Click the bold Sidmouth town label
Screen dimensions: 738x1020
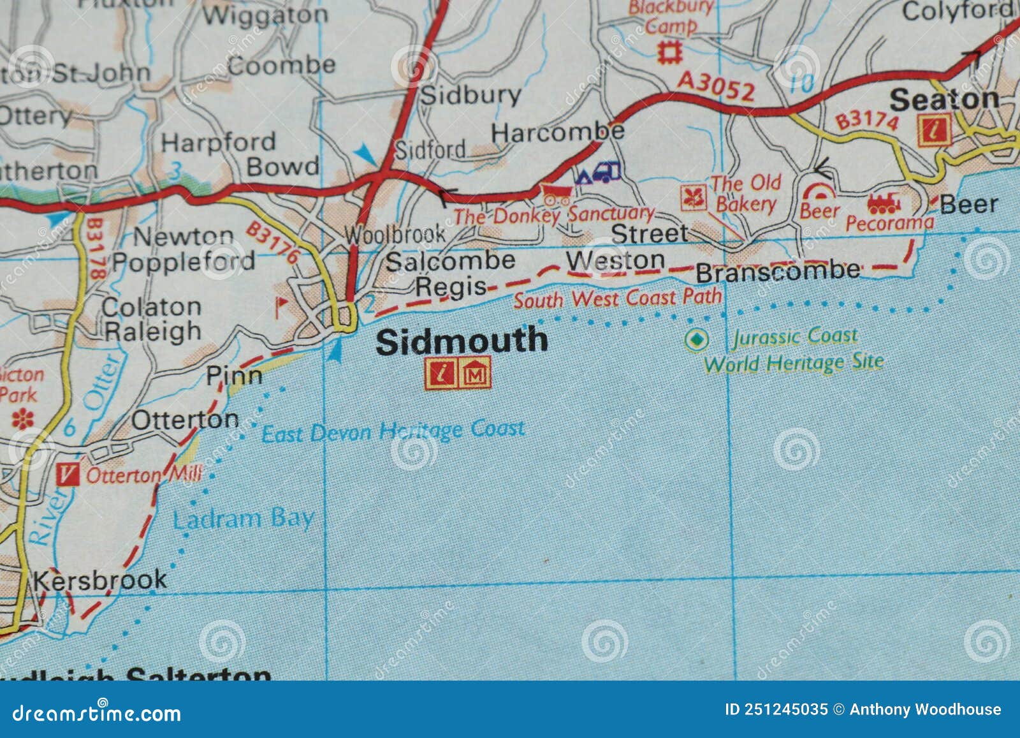(462, 341)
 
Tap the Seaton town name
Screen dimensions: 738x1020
(944, 100)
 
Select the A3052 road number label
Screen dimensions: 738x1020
(716, 86)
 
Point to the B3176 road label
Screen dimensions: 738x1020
(272, 242)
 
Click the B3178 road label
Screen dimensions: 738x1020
(95, 249)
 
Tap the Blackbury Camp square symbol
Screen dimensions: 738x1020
(670, 52)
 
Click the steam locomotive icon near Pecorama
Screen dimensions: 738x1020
(884, 203)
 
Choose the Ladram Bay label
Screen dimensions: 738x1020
(244, 519)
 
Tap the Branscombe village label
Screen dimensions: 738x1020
(777, 272)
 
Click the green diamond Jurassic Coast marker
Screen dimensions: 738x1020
(696, 339)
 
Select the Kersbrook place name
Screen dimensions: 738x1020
(99, 580)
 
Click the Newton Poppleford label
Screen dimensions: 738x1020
(184, 249)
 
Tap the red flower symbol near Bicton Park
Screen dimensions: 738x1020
(23, 419)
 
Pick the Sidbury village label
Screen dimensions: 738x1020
(471, 95)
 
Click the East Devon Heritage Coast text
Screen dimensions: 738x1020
(393, 431)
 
